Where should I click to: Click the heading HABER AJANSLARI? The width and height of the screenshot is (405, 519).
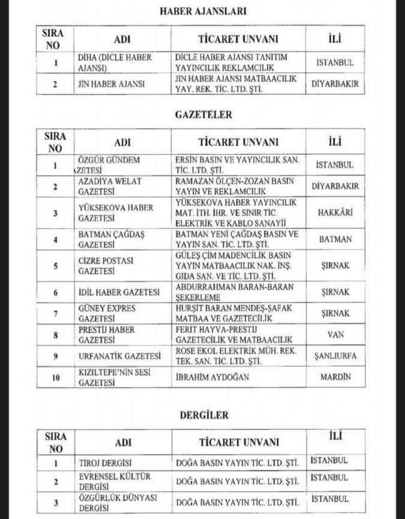202,11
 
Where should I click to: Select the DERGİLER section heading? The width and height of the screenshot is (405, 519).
204,415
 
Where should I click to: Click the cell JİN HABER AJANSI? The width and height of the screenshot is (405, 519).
110,84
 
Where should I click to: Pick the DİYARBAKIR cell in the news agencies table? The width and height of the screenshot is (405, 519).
335,84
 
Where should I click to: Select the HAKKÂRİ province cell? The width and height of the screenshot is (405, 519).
335,213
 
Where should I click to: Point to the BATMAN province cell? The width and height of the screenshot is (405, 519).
335,239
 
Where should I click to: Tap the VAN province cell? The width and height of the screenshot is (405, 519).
335,334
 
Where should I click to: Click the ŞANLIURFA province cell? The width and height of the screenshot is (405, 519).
335,356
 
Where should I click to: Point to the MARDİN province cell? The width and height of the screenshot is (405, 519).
335,377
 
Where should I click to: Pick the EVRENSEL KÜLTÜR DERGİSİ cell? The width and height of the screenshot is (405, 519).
113,482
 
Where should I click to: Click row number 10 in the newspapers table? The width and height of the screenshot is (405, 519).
55,377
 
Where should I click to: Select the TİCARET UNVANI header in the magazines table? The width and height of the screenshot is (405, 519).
239,442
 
